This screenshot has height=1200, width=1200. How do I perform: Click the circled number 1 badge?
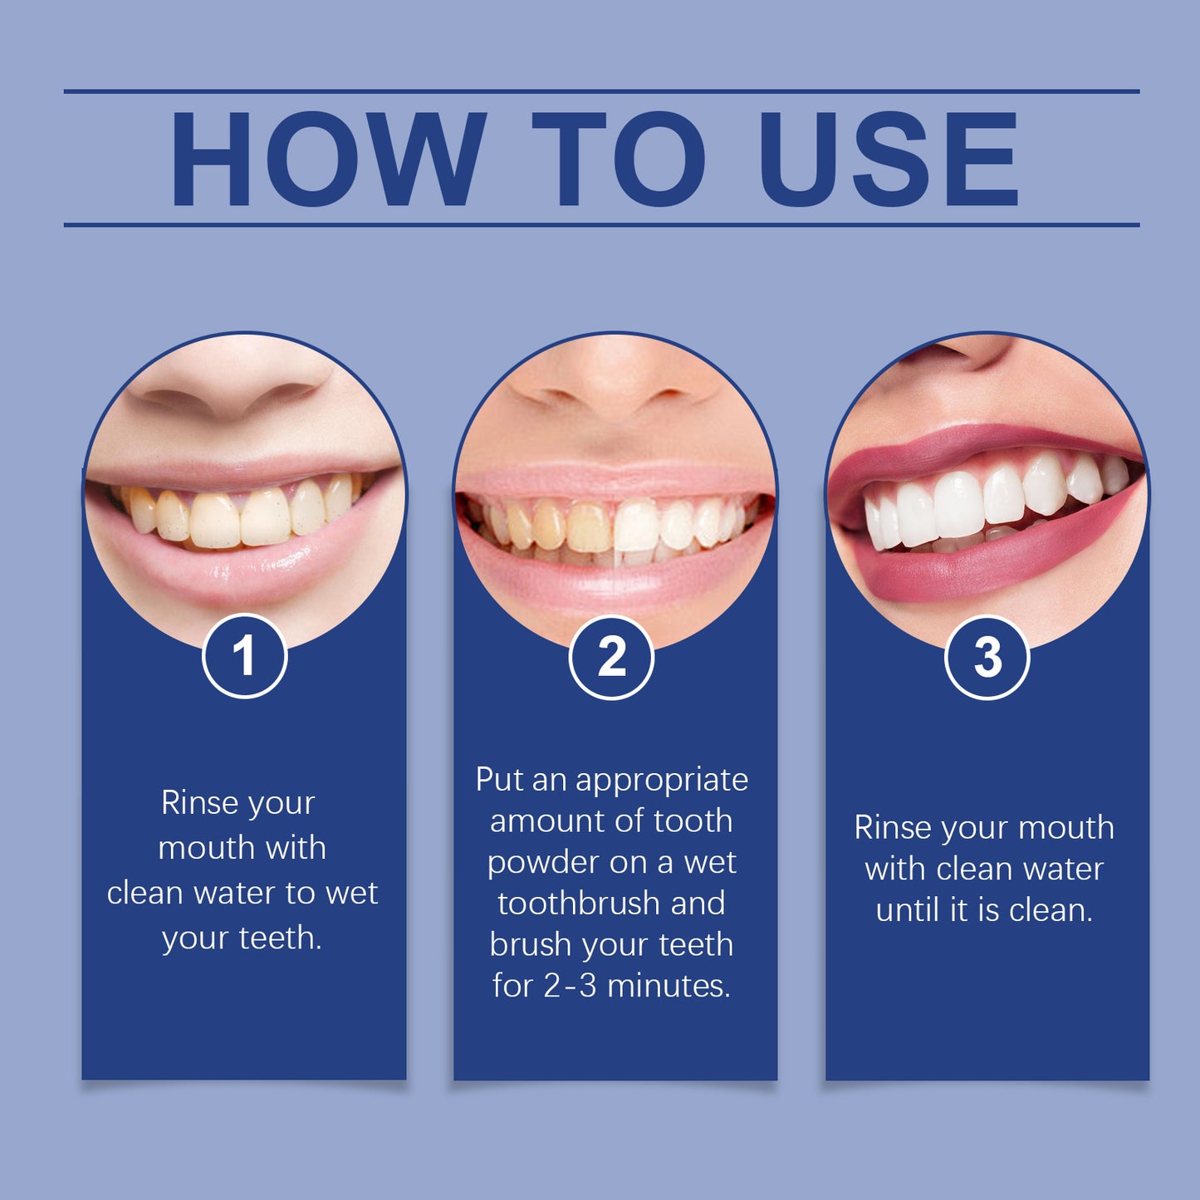click(x=244, y=656)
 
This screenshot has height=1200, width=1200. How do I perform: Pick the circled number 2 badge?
click(x=611, y=658)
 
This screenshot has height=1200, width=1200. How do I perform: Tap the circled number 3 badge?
click(x=987, y=658)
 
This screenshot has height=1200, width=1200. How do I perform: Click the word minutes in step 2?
click(x=669, y=986)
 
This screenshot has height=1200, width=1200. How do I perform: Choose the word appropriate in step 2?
click(x=662, y=781)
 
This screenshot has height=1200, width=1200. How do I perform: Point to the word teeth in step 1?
click(x=280, y=938)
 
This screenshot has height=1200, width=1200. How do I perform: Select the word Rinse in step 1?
click(x=199, y=803)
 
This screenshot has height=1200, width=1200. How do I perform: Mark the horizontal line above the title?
click(x=601, y=91)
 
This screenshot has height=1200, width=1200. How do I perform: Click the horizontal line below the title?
click(x=601, y=225)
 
